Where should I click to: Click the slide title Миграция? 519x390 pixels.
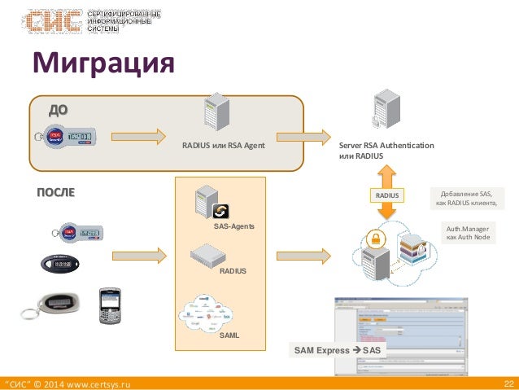(102, 64)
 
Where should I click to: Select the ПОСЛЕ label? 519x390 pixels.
(55, 193)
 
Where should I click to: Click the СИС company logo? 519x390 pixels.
(53, 21)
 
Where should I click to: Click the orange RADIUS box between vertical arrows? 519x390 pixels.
(387, 195)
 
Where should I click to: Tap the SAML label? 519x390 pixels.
(229, 335)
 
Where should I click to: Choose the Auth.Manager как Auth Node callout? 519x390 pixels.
(468, 236)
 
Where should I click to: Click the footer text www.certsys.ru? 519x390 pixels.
(91, 383)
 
